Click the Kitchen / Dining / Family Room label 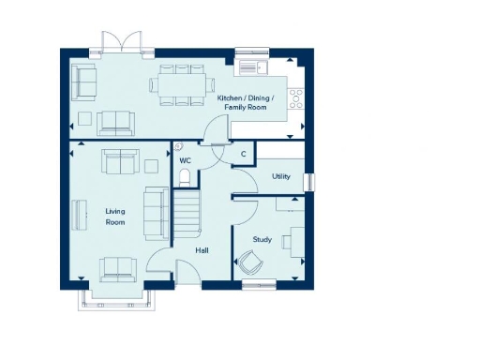pyautogui.click(x=242, y=103)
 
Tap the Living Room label pyautogui.click(x=114, y=217)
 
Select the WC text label pyautogui.click(x=185, y=160)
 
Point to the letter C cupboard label pyautogui.click(x=243, y=154)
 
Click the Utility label pyautogui.click(x=280, y=176)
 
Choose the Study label pyautogui.click(x=262, y=240)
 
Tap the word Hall pyautogui.click(x=202, y=251)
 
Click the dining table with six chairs pyautogui.click(x=182, y=83)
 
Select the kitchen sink pyautogui.click(x=250, y=67)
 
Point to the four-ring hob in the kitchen pyautogui.click(x=297, y=95)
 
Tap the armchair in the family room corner pyautogui.click(x=84, y=82)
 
